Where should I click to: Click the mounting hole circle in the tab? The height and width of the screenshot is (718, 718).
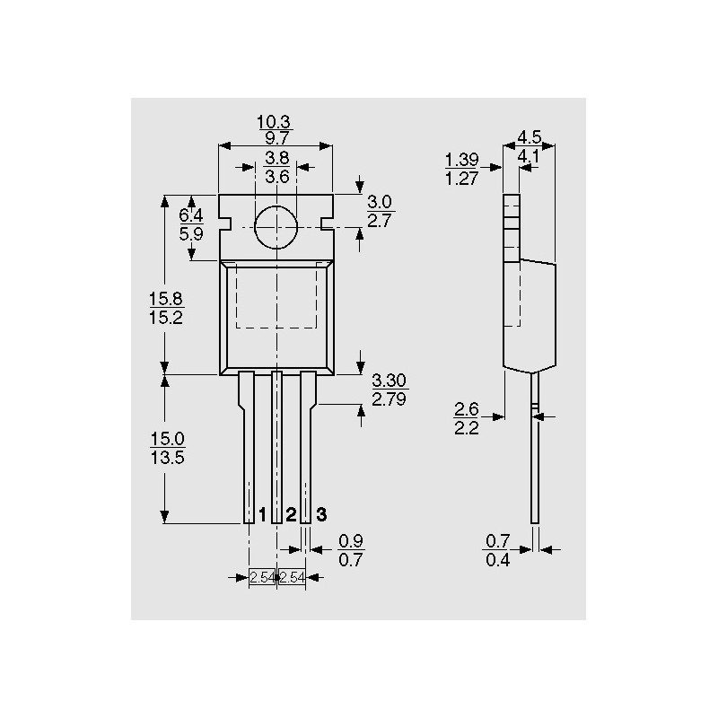276,227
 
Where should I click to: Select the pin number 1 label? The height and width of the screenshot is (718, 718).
262,514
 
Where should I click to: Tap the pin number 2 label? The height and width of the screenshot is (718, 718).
291,514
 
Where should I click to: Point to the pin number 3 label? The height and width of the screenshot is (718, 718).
322,514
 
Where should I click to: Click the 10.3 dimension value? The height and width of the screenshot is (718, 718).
274,122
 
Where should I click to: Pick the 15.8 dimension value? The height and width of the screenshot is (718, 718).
166,299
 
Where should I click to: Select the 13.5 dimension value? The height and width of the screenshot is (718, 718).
167,458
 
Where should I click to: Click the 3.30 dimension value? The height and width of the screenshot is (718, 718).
389,380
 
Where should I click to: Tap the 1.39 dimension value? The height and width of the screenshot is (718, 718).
461,160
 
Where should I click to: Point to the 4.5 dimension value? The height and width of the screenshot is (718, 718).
530,137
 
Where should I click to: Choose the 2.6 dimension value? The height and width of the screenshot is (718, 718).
466,408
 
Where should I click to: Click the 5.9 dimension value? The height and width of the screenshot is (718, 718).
191,234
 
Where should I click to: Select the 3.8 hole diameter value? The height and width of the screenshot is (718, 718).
277,158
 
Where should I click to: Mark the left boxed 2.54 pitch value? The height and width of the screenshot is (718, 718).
262,578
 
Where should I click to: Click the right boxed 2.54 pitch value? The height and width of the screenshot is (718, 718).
292,578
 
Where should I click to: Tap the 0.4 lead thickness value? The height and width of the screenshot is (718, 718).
498,560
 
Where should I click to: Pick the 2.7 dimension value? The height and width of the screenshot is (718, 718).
379,221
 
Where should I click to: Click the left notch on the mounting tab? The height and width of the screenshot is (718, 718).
225,223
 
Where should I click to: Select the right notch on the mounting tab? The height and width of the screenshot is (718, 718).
327,223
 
